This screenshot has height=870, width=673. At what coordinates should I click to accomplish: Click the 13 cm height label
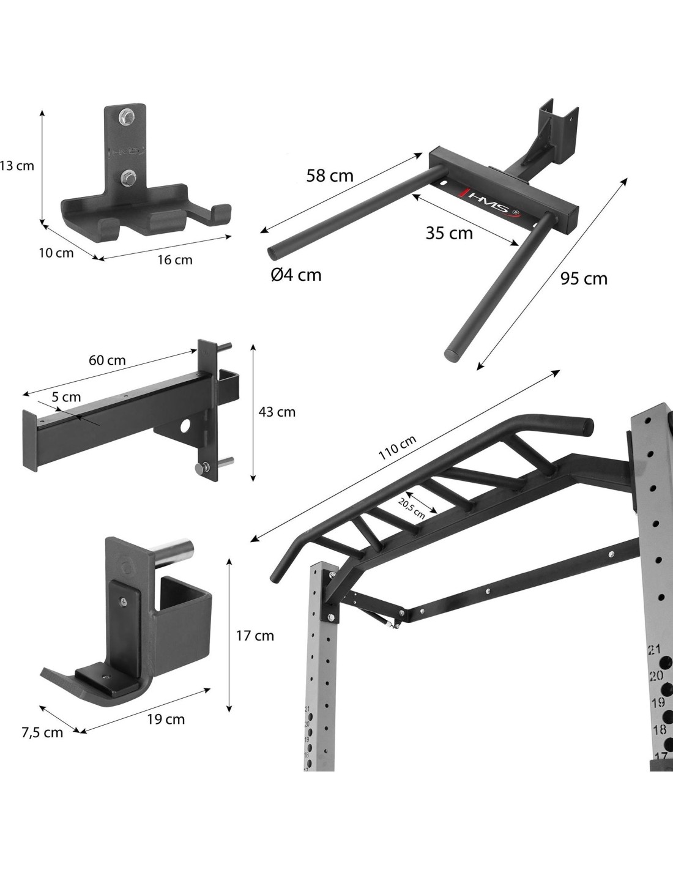17,166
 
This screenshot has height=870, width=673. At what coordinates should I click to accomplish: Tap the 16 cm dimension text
174,260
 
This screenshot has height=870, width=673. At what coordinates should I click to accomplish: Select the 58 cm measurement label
330,176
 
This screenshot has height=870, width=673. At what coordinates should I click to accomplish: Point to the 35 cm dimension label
449,233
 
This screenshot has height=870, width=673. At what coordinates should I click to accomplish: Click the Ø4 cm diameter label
296,275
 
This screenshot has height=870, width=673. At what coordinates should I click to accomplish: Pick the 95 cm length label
584,278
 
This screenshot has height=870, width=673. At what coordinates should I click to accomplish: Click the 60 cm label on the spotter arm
107,360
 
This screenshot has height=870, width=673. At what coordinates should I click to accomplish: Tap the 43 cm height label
277,412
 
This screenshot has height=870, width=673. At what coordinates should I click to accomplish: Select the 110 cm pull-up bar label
397,447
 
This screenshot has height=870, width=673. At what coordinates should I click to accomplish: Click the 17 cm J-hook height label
255,636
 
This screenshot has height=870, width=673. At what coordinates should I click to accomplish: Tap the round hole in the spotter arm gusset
186,426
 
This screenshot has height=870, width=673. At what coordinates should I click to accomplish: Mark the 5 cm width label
66,397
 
